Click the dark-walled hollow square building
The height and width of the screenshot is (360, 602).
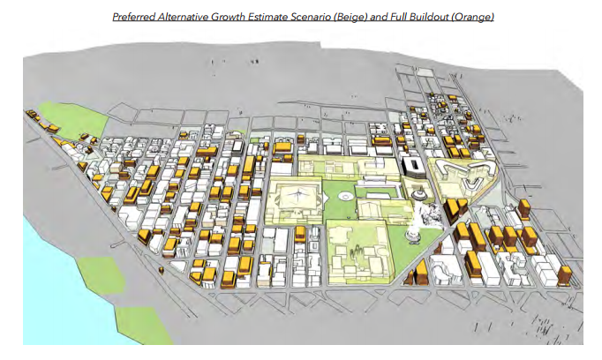point(412,167)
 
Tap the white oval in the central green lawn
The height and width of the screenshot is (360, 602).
point(345,195)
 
